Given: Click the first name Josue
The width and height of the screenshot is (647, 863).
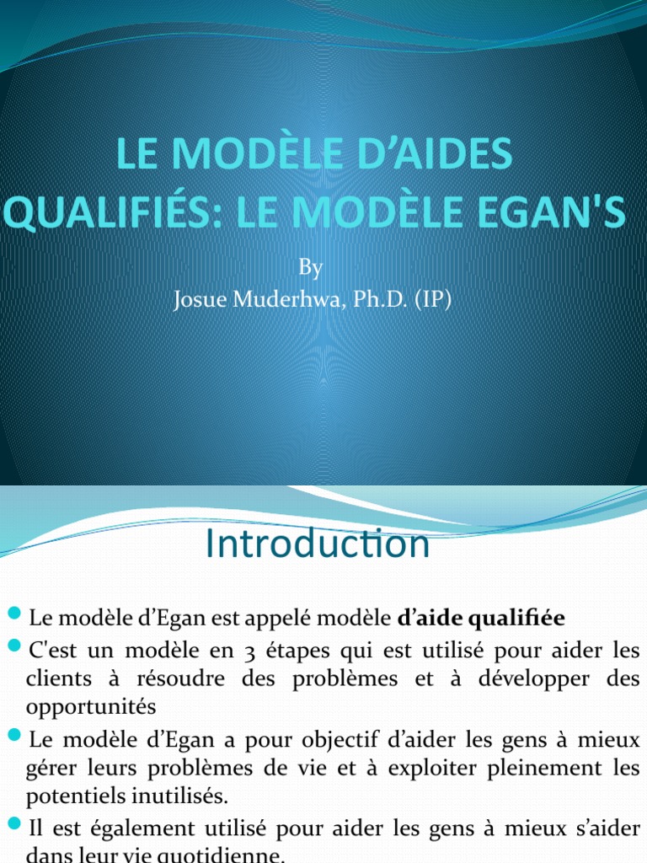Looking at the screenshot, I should [x=200, y=301].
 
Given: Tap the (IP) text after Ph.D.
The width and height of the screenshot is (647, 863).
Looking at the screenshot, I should [x=431, y=301].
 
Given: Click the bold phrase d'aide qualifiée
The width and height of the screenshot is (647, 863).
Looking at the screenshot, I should [x=481, y=619].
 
